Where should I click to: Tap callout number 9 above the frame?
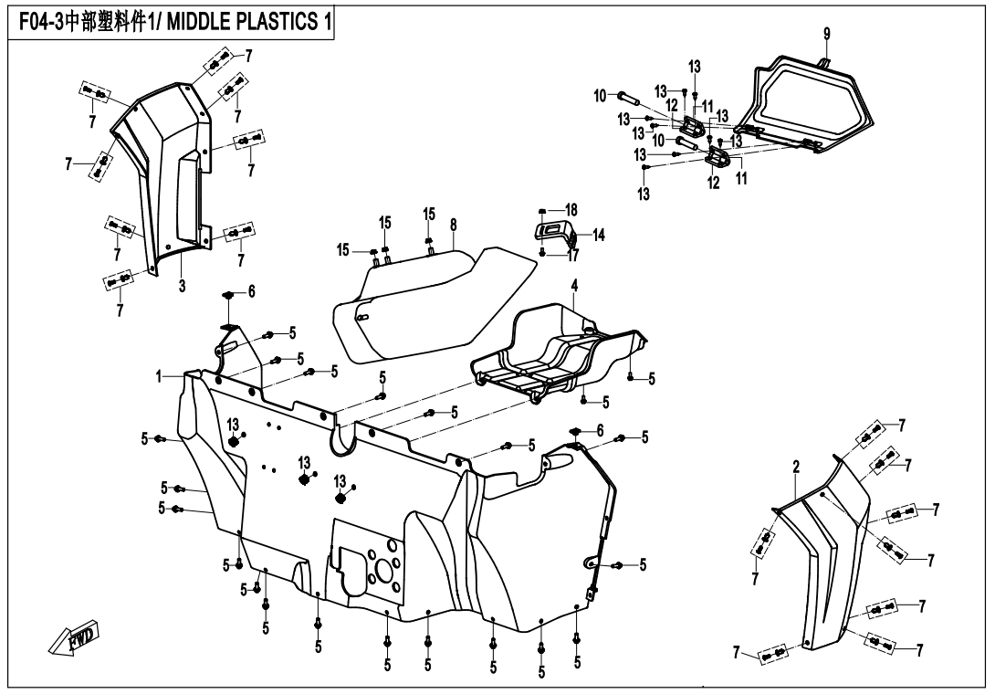pyautogui.click(x=826, y=35)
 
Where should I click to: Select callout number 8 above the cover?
pyautogui.click(x=453, y=225)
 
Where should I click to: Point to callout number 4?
pyautogui.click(x=574, y=286)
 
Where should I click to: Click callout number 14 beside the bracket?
pyautogui.click(x=598, y=235)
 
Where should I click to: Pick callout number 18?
pyautogui.click(x=571, y=210)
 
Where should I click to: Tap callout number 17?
pyautogui.click(x=573, y=255)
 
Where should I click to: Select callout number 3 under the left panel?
pyautogui.click(x=182, y=286)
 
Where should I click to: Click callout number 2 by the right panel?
pyautogui.click(x=796, y=467)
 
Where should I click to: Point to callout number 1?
pyautogui.click(x=159, y=375)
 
